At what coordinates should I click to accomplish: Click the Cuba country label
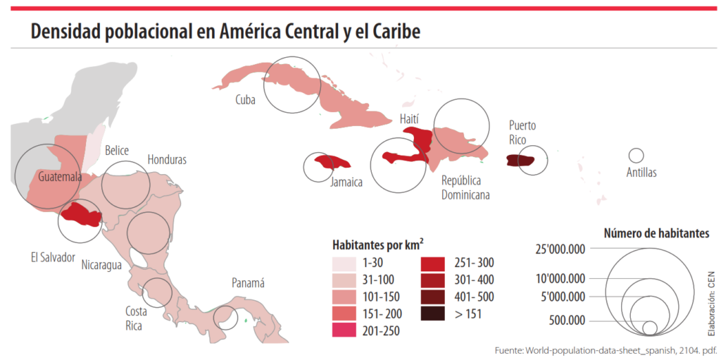245,100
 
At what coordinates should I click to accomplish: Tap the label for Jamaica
346,182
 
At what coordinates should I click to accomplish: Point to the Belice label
116,151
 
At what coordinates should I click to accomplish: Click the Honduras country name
167,160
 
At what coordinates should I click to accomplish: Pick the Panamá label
248,283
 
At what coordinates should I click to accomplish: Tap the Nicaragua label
101,265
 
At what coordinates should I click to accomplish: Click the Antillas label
641,173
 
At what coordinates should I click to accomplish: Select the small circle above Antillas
636,156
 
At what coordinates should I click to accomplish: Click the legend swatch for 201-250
344,330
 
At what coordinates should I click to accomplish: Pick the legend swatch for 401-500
433,297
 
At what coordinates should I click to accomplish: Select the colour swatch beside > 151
433,314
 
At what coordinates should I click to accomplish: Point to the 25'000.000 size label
560,249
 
